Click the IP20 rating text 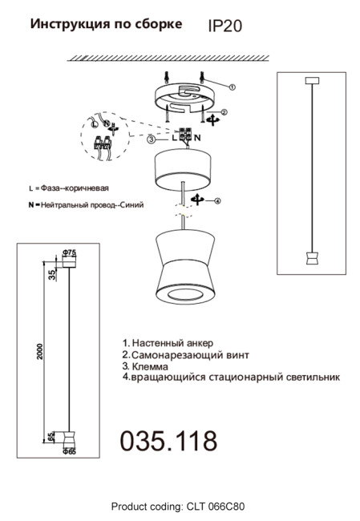coord(224,26)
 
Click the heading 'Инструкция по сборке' coord(106,25)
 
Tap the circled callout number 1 coord(232,86)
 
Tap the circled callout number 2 coord(224,113)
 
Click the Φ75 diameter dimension coord(69,253)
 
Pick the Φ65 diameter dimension coord(69,452)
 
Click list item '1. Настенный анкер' coord(168,342)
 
